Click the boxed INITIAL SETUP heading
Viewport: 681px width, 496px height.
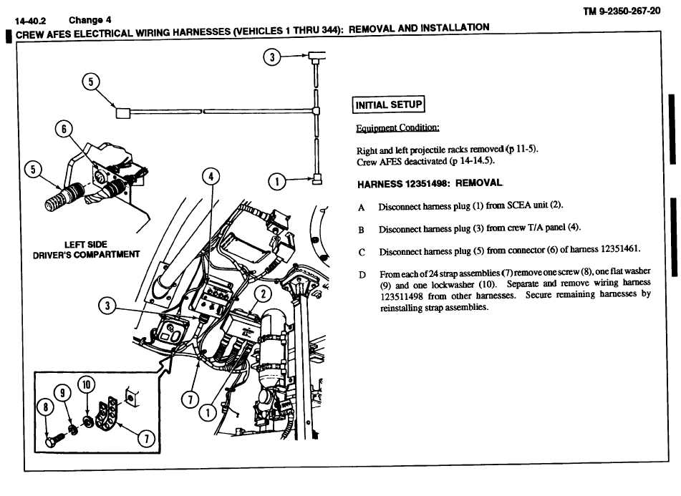pyautogui.click(x=388, y=104)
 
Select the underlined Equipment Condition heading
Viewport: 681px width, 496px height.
pyautogui.click(x=397, y=128)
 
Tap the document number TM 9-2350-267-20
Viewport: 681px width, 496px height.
pyautogui.click(x=622, y=11)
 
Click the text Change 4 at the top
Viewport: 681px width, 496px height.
pyautogui.click(x=90, y=20)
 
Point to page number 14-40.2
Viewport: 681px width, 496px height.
pyautogui.click(x=30, y=21)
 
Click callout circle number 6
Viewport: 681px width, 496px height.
pyautogui.click(x=64, y=129)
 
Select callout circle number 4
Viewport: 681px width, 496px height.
pyautogui.click(x=211, y=176)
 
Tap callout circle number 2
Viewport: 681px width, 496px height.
pyautogui.click(x=264, y=294)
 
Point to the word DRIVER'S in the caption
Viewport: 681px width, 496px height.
pyautogui.click(x=52, y=255)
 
